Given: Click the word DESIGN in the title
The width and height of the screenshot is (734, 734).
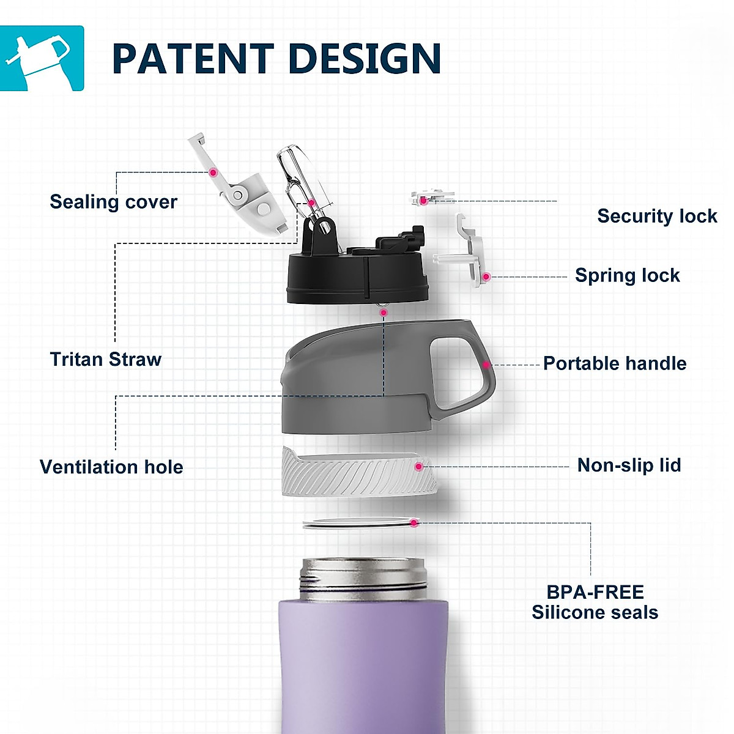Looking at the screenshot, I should pos(365,59).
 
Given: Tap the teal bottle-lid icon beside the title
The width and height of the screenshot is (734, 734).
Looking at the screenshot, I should pos(42,58).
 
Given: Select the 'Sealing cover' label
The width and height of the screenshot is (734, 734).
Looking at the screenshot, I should pos(113,202).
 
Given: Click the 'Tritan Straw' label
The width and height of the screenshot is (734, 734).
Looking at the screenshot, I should pos(105,359).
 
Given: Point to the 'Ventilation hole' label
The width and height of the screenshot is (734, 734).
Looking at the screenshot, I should pos(111,467).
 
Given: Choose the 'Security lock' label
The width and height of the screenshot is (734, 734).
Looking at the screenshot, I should pos(657,216).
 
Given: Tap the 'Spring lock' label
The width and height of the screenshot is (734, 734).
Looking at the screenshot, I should pos(627,275).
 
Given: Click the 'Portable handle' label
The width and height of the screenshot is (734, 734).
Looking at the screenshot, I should pos(615,363).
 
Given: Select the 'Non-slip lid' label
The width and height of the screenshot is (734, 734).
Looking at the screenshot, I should pos(629,465).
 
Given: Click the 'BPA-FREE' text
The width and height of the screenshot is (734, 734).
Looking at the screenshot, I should pos(595,592).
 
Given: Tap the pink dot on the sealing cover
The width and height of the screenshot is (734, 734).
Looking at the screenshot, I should pos(213,172).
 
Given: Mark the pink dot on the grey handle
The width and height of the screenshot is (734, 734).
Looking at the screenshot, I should pos(486,365).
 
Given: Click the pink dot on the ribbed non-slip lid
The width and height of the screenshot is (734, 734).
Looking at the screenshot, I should pos(418,467).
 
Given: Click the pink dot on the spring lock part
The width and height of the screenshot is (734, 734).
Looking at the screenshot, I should pos(486,277).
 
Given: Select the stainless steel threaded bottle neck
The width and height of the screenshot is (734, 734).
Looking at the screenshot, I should pos(363,578).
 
